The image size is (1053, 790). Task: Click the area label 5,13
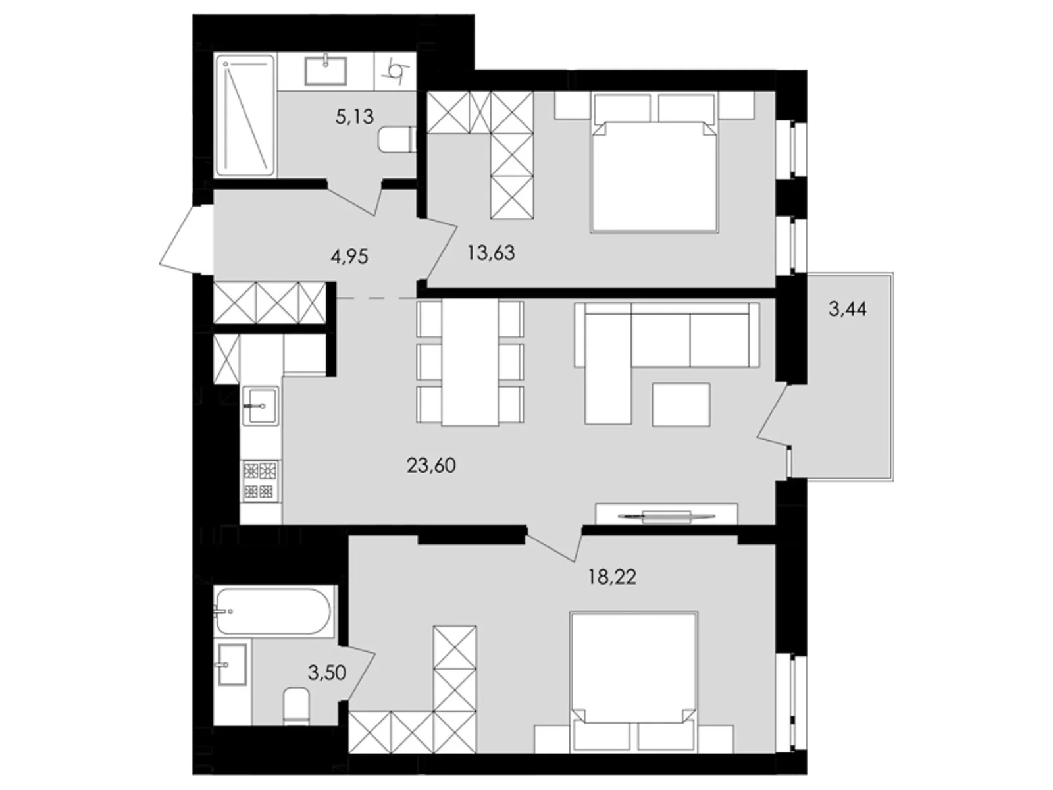pos(354,117)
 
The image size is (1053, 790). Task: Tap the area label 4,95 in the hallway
pos(349,255)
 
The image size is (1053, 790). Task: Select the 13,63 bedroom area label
pos(491,252)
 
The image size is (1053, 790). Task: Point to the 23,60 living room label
pos(431,465)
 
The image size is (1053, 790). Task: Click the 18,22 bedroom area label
pos(612,577)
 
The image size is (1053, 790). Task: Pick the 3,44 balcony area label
pos(847,308)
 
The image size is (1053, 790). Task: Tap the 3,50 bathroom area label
pos(327,672)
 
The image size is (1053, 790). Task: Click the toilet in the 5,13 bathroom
pos(396,139)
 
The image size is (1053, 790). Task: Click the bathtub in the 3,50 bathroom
pos(272,612)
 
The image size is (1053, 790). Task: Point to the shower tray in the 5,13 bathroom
pos(244,116)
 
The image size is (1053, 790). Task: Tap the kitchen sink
pos(261,406)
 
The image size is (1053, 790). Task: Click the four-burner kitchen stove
pos(259,481)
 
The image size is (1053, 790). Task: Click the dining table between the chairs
pos(470,363)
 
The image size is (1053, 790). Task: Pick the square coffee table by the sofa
pos(681,404)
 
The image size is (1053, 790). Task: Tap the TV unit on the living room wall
pos(666,514)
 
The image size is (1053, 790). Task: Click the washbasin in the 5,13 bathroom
pos(325,70)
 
